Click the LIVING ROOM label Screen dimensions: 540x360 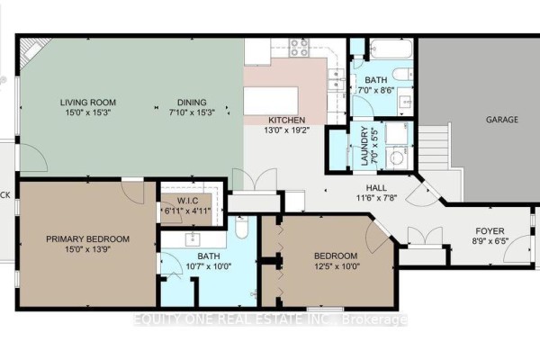pos(88,103)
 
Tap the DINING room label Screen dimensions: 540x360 pos(192,103)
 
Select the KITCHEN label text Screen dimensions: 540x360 pos(286,121)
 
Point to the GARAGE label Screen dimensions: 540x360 pos(502,120)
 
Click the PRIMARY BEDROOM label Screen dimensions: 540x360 pos(88,238)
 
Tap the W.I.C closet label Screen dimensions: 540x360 pos(187,200)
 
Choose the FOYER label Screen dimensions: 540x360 pos(490,230)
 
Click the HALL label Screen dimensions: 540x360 pos(376,188)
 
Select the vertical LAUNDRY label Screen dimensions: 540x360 pos(364,146)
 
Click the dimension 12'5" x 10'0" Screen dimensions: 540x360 pos(336,266)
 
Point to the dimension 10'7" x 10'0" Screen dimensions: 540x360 pos(209,266)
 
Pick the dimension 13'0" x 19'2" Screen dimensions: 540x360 pos(287,130)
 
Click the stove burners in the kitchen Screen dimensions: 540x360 pos(299,48)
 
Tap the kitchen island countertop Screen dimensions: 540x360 pos(271,101)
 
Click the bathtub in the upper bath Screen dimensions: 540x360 pos(391,49)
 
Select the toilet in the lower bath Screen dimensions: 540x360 pos(242,226)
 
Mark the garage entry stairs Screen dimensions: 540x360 pos(435,146)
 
